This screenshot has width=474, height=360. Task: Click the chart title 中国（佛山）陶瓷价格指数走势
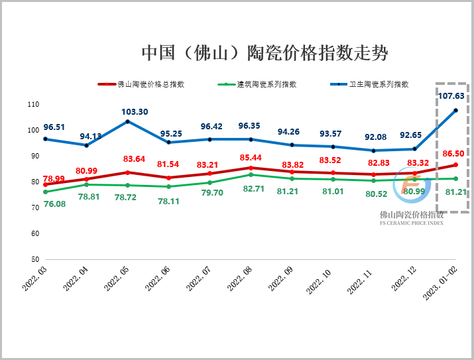pos(264,52)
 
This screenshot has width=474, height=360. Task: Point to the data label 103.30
pos(135,111)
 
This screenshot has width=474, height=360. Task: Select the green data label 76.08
pos(54,204)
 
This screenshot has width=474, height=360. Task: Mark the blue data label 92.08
pos(376,137)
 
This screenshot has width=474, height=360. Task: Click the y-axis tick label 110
pos(32,105)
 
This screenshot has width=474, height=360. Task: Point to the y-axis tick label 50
pos(34,259)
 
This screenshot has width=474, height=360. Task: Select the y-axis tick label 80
pos(34,182)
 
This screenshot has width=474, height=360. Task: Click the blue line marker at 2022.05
pos(127,121)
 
